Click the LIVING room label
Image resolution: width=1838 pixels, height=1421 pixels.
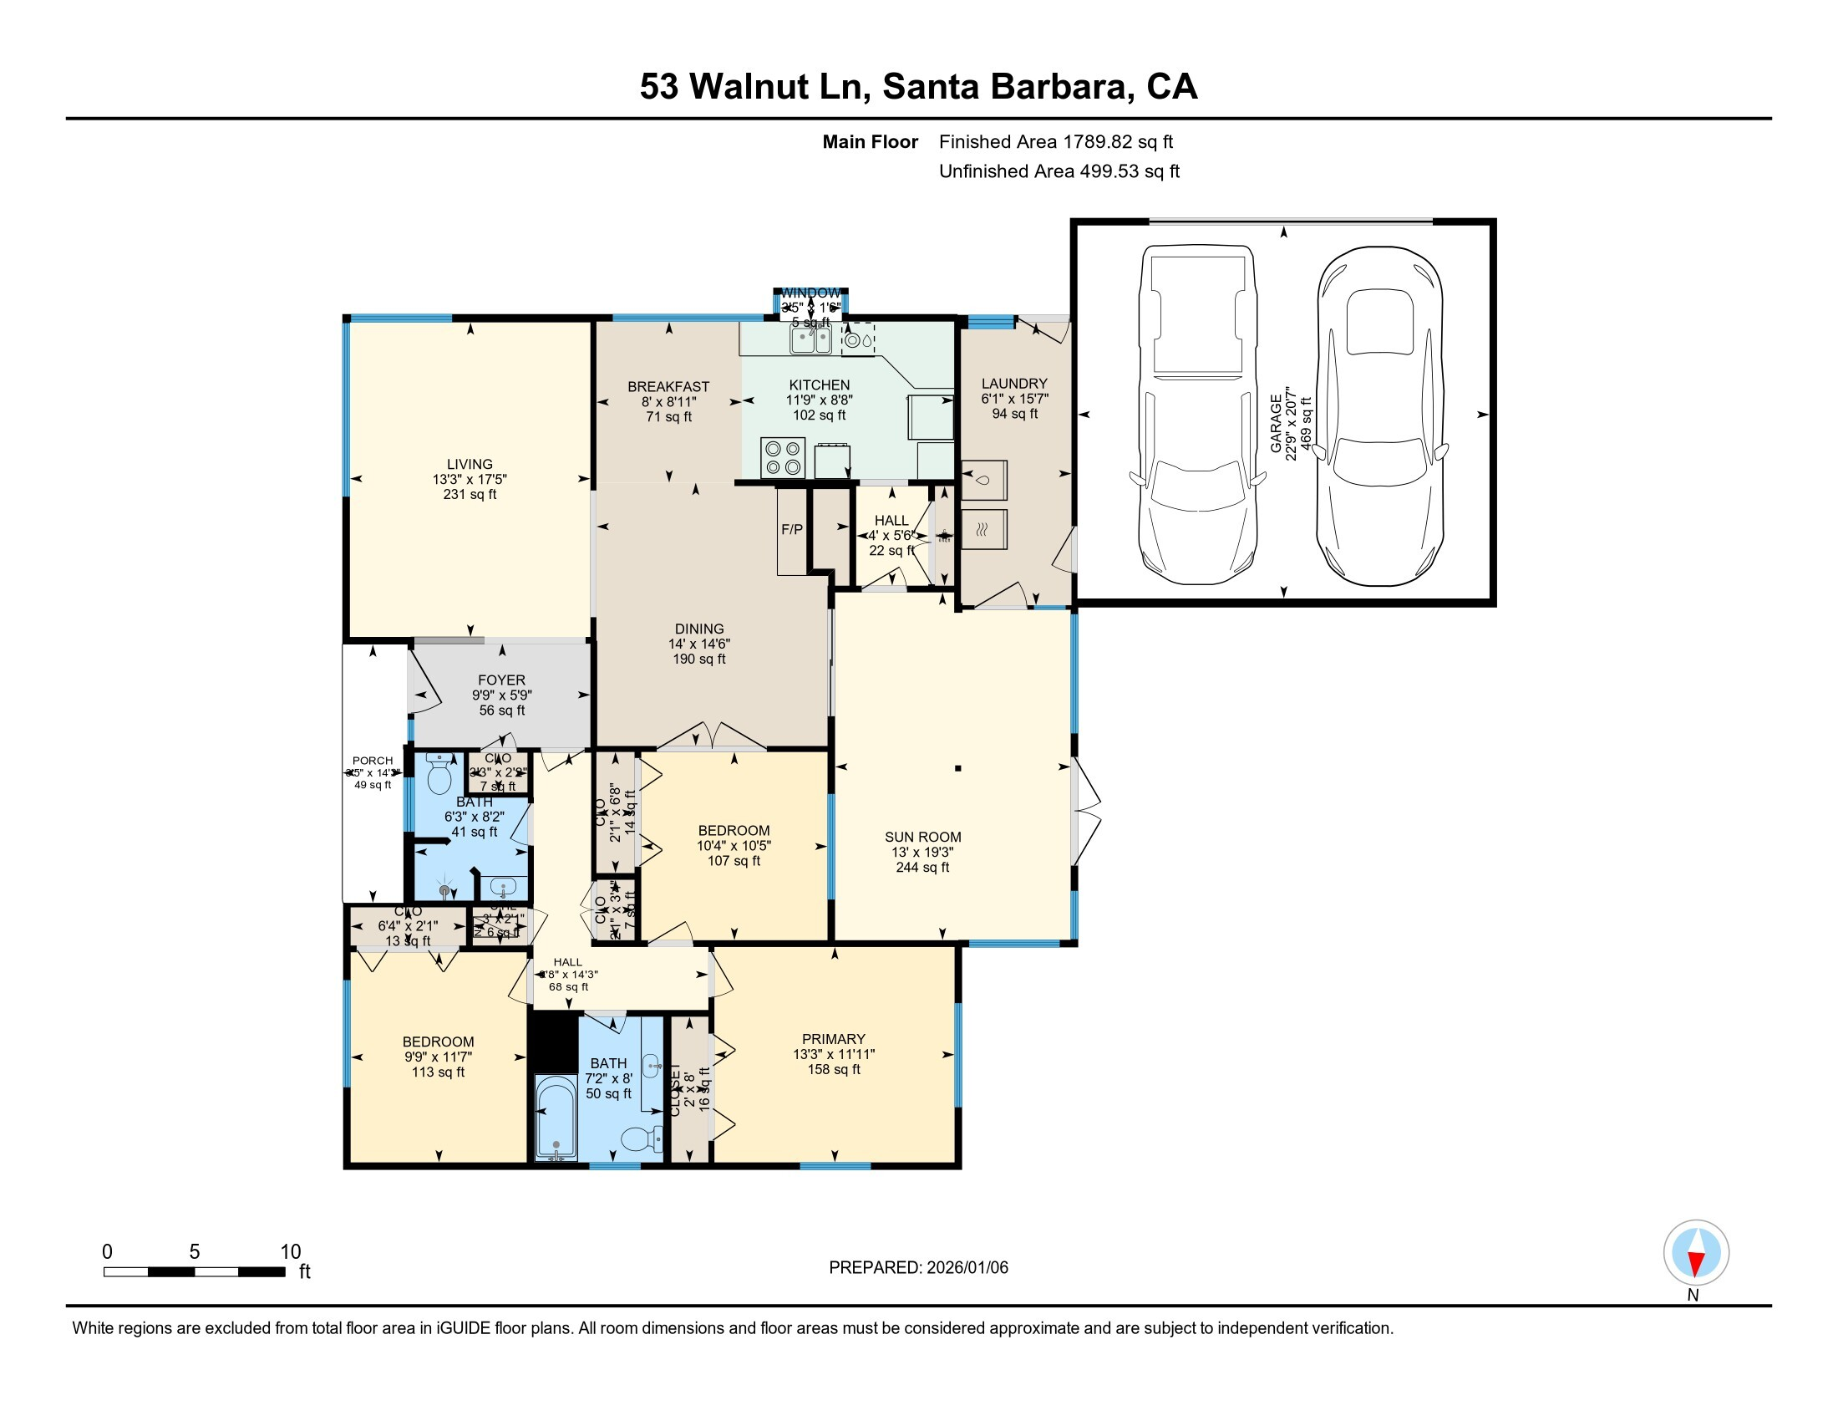coord(470,464)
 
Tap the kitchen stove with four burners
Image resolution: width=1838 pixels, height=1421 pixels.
coord(782,457)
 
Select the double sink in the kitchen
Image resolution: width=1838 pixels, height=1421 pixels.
coord(810,339)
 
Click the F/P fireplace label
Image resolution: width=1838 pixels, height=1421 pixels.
coord(792,529)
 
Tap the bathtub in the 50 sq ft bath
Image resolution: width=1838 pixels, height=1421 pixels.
coord(556,1118)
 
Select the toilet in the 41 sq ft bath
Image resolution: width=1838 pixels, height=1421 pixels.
coord(439,775)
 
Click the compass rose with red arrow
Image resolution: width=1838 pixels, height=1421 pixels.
coord(1696,1252)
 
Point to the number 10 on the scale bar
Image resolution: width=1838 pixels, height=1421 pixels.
coord(291,1251)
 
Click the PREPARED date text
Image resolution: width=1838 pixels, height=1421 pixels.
coord(918,1267)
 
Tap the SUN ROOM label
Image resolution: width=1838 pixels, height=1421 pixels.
coord(922,837)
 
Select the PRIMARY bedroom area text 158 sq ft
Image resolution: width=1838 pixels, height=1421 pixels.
coord(833,1069)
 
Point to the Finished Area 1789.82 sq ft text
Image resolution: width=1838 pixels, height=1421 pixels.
coord(1055,141)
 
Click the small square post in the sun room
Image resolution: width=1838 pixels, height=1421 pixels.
coord(957,767)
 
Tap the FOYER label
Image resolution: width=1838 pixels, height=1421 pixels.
coord(501,680)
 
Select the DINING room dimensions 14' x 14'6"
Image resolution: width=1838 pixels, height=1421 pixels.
coord(699,644)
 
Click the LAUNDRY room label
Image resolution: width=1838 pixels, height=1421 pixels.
coord(1014,384)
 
